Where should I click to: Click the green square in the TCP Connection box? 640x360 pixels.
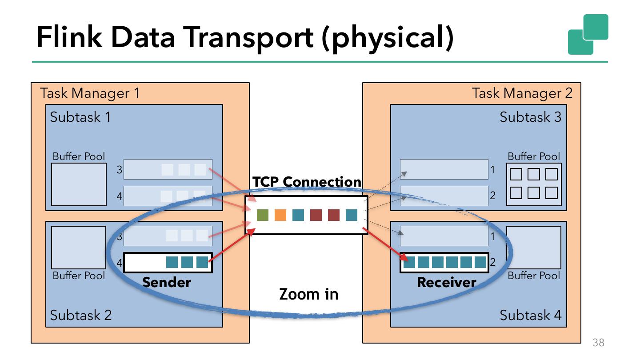click(x=263, y=215)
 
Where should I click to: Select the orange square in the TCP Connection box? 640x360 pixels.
click(x=280, y=215)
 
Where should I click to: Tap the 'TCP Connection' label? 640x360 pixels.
click(x=307, y=182)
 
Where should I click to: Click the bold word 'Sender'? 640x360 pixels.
click(x=167, y=282)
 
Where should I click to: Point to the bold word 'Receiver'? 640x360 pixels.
click(x=446, y=282)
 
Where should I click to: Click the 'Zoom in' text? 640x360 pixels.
click(x=308, y=294)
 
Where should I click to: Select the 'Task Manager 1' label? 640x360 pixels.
click(x=90, y=93)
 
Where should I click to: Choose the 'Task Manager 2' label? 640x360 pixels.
click(x=522, y=93)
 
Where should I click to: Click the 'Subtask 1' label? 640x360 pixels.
click(x=80, y=117)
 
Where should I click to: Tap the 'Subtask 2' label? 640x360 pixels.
click(x=80, y=315)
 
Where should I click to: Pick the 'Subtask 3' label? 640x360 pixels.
click(x=530, y=117)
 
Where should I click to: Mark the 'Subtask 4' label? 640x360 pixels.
click(x=530, y=315)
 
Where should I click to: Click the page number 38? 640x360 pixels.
click(x=598, y=343)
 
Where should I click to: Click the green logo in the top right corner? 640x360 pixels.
click(x=588, y=34)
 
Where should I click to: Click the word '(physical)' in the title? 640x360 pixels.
click(x=387, y=38)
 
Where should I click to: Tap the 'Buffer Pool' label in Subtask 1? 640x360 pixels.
click(x=79, y=156)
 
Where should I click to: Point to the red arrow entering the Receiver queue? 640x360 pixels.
click(x=384, y=244)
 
